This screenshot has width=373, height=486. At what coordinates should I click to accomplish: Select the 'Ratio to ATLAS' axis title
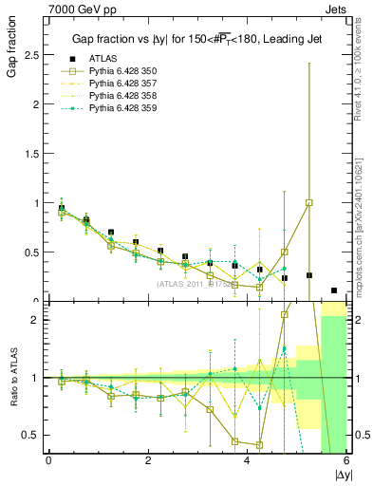pyautogui.click(x=12, y=379)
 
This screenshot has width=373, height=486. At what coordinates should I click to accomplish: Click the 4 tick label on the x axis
pyautogui.click(x=247, y=461)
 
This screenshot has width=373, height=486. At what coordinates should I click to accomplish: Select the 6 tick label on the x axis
pyautogui.click(x=346, y=461)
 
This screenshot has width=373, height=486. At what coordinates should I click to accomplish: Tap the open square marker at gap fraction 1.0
pyautogui.click(x=309, y=202)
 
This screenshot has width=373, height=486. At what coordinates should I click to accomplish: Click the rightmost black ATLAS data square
pyautogui.click(x=334, y=290)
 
